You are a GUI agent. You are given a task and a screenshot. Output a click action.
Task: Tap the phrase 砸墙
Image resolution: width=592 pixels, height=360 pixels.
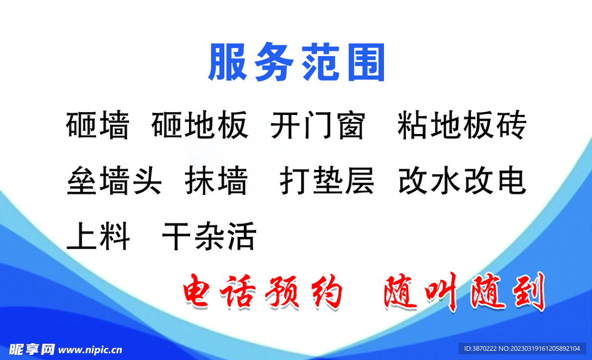(x=98, y=125)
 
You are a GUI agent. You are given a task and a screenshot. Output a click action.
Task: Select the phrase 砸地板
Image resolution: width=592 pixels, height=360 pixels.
(x=200, y=125)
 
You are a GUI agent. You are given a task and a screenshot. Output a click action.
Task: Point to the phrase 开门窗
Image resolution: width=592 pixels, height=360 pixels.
(x=317, y=125)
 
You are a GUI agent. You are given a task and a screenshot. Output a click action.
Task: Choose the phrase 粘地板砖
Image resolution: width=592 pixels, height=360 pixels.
(x=461, y=125)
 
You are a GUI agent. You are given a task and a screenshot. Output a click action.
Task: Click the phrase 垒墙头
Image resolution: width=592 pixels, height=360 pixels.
(x=114, y=180)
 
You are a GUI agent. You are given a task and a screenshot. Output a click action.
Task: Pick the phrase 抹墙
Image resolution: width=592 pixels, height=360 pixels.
(x=216, y=180)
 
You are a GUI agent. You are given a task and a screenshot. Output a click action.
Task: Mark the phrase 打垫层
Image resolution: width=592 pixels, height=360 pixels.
(x=327, y=180)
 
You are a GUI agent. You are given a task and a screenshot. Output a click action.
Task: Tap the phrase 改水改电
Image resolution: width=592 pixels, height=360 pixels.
(x=461, y=180)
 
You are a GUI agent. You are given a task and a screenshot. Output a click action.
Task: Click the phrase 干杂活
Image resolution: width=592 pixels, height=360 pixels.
(x=209, y=235)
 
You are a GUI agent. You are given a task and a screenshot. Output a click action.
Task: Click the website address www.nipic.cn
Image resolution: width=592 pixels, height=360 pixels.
(x=91, y=350)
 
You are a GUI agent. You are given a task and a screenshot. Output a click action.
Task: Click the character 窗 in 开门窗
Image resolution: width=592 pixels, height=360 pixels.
(x=350, y=125)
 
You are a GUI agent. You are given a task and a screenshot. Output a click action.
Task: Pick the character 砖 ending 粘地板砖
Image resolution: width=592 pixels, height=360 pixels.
(x=511, y=125)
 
